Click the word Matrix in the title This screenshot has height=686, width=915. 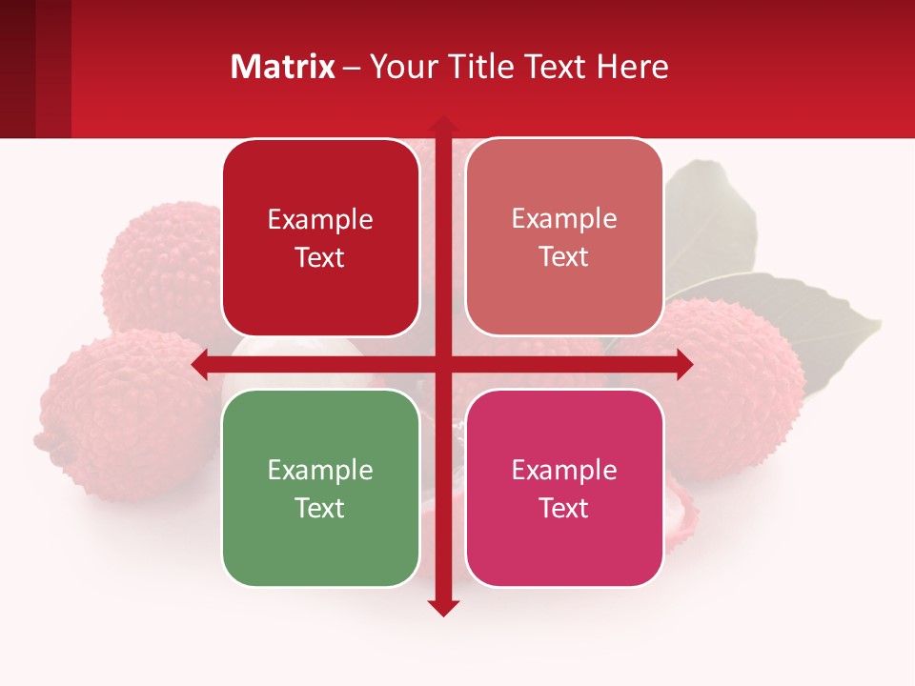(283, 67)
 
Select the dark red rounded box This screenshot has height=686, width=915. (320, 237)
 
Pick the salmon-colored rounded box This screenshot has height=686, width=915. (564, 237)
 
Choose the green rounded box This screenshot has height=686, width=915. (320, 488)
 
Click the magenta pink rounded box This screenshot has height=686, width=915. (564, 488)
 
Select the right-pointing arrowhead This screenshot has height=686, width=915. (683, 364)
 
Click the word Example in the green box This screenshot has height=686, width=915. (320, 470)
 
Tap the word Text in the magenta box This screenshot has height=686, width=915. (564, 508)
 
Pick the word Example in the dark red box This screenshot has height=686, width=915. (320, 219)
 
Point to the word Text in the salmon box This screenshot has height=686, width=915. (564, 256)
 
